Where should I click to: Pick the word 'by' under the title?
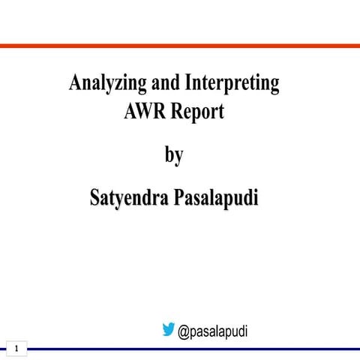(x=174, y=156)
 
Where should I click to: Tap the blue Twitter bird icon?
(x=169, y=328)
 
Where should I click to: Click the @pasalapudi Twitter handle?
(x=213, y=330)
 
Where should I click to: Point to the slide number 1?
(x=16, y=348)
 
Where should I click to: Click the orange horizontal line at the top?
(x=180, y=46)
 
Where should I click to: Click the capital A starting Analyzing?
(x=74, y=83)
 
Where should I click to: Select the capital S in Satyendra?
(x=94, y=199)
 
